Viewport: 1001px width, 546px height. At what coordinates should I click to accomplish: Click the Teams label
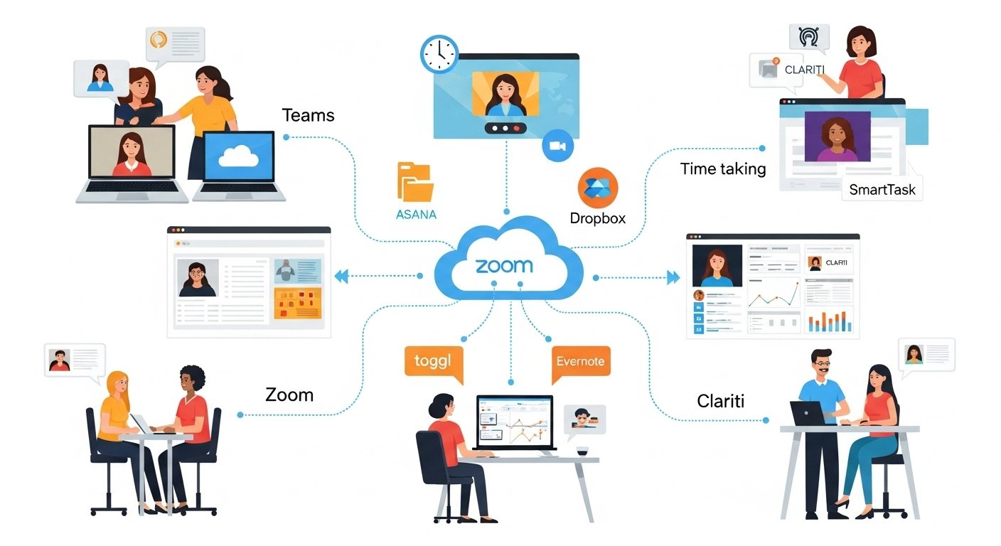(x=308, y=115)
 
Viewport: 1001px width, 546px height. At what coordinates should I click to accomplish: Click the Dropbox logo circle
(x=598, y=187)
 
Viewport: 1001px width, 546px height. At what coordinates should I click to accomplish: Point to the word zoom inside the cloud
(x=504, y=266)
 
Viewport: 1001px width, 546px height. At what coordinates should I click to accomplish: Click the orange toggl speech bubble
(x=433, y=361)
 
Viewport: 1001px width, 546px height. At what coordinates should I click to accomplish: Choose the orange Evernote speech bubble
(x=581, y=361)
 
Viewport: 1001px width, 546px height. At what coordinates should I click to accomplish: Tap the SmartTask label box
(x=882, y=190)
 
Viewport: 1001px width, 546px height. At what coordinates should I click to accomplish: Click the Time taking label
(x=723, y=169)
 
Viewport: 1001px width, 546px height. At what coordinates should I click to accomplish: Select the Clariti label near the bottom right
(x=720, y=401)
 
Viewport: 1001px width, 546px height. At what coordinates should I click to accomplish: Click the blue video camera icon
(x=557, y=145)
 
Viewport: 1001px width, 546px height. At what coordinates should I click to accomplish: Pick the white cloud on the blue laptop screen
(x=238, y=158)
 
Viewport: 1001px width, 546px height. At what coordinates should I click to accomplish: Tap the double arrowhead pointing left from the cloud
(x=342, y=277)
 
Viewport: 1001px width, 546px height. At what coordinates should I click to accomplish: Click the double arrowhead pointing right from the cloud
(x=673, y=277)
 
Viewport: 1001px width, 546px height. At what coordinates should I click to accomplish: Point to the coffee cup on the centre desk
(x=582, y=452)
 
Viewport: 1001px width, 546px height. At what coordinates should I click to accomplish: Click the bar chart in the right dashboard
(x=829, y=321)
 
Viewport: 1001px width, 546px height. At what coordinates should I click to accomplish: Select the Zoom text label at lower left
(x=289, y=395)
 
